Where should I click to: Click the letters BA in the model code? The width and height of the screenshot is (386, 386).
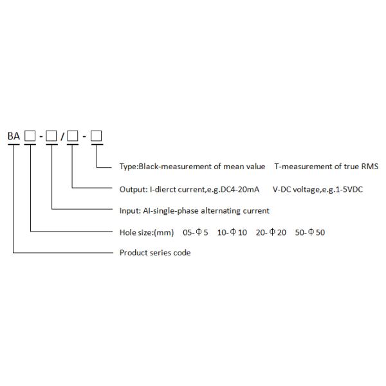click(13, 136)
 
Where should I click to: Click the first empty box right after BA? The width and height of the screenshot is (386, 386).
click(30, 136)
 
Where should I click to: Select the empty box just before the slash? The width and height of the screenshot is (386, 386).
click(51, 136)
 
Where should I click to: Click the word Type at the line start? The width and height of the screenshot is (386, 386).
click(128, 167)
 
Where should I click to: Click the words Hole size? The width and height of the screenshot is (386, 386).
click(137, 232)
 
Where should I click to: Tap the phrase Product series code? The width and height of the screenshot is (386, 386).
click(155, 253)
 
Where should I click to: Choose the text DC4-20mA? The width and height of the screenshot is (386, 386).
click(243, 189)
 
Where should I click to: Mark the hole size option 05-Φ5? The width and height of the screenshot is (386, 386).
click(196, 232)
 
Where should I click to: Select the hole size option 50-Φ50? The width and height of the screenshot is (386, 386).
click(310, 232)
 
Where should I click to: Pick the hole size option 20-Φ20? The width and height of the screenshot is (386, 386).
click(271, 232)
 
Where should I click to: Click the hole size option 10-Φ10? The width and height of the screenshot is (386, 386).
click(232, 232)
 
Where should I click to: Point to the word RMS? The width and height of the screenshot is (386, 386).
click(370, 167)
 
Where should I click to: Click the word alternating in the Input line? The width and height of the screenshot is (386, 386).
click(223, 211)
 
